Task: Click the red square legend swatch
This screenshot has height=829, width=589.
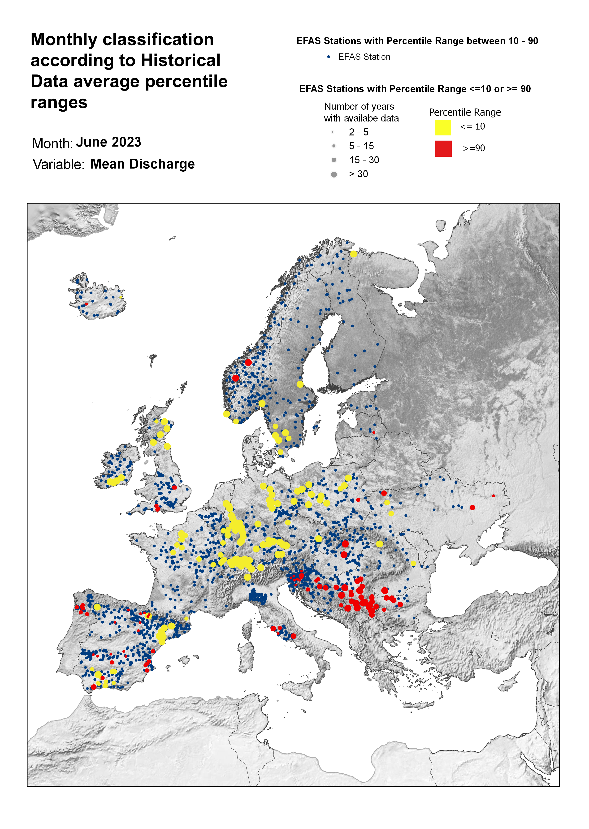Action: click(x=443, y=149)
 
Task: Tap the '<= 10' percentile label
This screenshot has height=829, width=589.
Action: click(x=472, y=126)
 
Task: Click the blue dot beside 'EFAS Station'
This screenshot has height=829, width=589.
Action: click(x=329, y=57)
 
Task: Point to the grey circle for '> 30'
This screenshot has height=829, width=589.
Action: click(x=334, y=174)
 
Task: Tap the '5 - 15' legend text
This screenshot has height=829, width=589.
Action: click(x=361, y=146)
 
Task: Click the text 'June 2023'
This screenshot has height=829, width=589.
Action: click(x=108, y=142)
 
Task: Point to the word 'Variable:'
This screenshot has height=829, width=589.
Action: click(x=58, y=165)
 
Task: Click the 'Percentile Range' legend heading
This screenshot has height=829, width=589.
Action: click(x=465, y=113)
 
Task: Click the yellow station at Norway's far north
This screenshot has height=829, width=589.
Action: click(x=354, y=254)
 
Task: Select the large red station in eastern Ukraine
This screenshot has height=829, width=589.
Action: click(x=472, y=507)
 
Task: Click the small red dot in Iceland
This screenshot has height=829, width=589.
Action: click(x=86, y=304)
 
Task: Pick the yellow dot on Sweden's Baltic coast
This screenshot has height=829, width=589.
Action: click(x=300, y=384)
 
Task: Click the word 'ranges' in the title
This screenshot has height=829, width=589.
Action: click(x=59, y=103)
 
